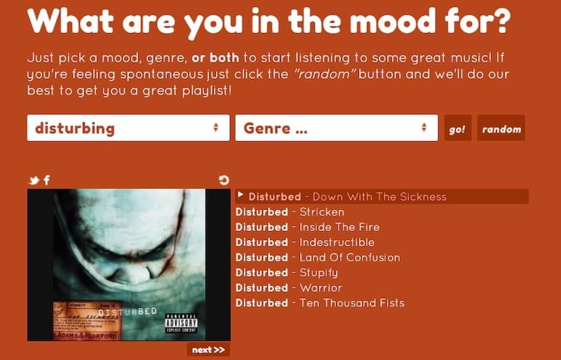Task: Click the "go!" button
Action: tap(457, 129)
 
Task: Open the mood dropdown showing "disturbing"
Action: tap(128, 128)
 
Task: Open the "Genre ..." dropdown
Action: tap(336, 128)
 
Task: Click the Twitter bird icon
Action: tap(33, 180)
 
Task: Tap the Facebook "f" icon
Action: tap(46, 180)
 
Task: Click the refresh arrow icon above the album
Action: tap(224, 180)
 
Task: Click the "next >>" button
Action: tap(208, 349)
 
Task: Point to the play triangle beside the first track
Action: tap(241, 195)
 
